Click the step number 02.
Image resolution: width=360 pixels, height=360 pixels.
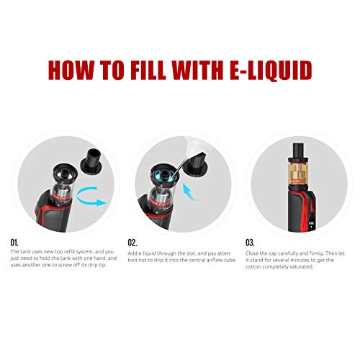tap(133, 243)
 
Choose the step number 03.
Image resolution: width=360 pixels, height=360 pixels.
tap(251, 243)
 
